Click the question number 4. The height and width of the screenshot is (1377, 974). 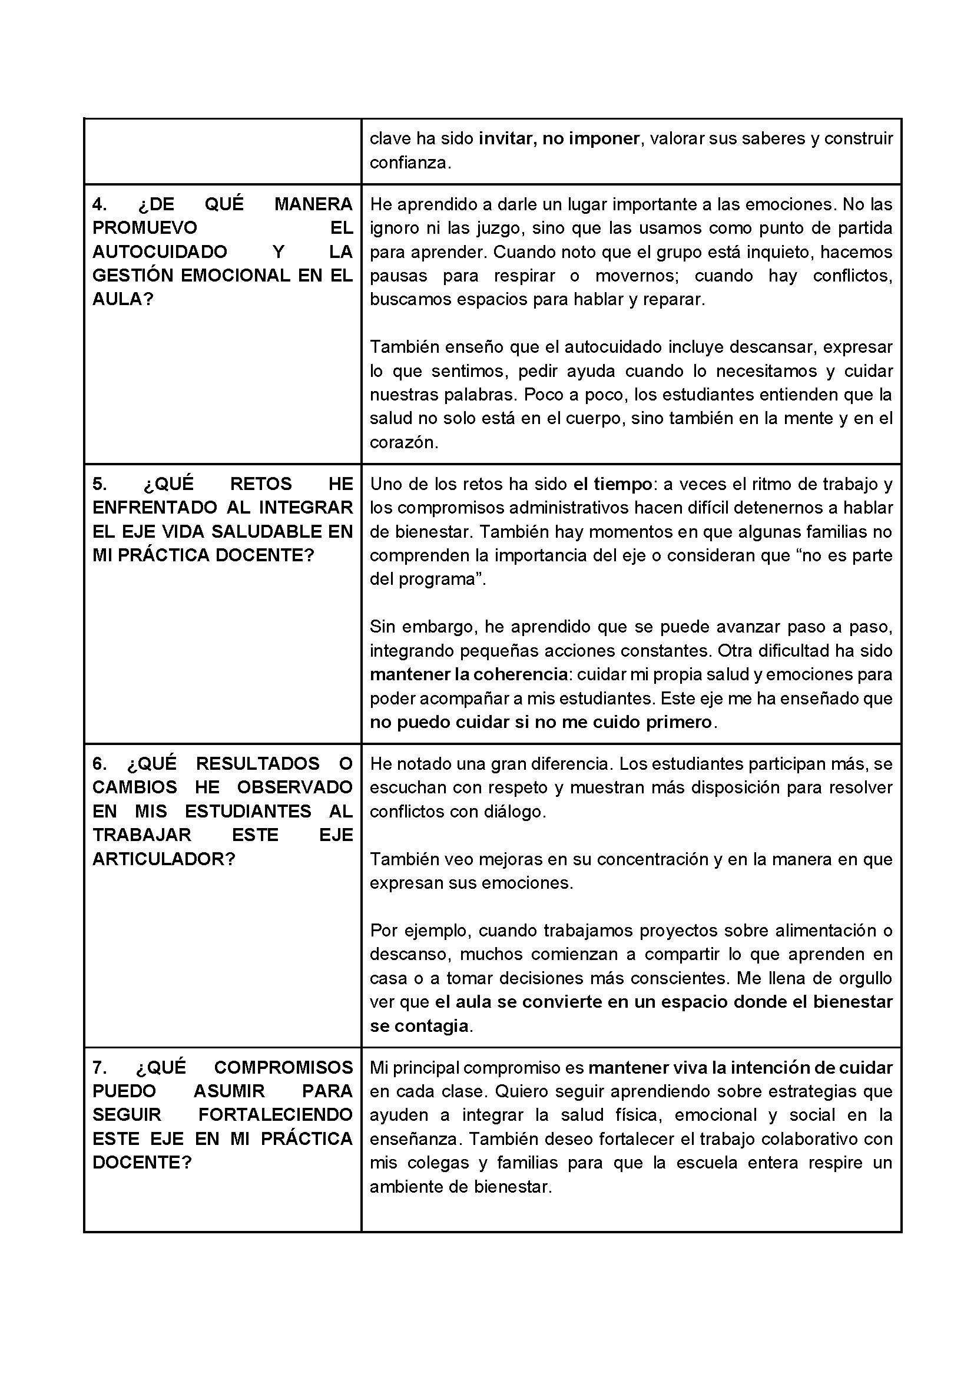click(100, 204)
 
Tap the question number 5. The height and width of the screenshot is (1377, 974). click(100, 484)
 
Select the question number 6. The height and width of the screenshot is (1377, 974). click(100, 763)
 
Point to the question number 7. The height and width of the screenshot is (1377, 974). click(100, 1068)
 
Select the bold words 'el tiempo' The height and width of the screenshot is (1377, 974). click(612, 484)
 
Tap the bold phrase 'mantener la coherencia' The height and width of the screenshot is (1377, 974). click(468, 675)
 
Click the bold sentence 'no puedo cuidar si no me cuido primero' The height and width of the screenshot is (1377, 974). click(541, 722)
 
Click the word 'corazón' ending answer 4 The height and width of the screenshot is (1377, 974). click(403, 443)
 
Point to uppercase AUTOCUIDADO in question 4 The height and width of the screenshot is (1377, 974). click(160, 252)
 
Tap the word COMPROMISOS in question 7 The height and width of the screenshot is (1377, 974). click(283, 1068)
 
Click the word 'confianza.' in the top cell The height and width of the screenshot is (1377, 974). click(410, 163)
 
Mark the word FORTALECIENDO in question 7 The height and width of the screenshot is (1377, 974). click(275, 1115)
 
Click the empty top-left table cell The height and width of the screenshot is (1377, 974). click(223, 151)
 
